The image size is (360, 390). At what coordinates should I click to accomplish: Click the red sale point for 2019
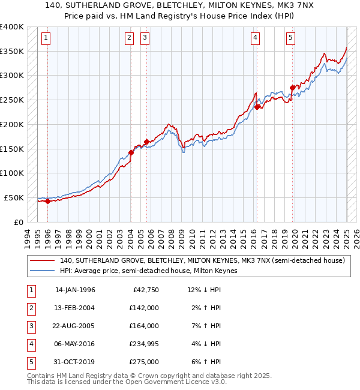click(292, 88)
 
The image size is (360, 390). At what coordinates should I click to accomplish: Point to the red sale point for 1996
click(47, 201)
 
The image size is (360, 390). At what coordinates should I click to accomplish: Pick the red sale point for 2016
click(257, 107)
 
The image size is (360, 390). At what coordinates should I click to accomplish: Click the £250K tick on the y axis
click(11, 100)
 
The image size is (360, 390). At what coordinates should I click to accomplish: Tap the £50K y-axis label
click(13, 197)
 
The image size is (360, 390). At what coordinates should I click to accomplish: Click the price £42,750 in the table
click(146, 290)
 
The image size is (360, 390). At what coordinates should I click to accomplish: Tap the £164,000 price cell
click(144, 326)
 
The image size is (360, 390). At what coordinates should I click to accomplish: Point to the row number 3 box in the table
click(29, 326)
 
